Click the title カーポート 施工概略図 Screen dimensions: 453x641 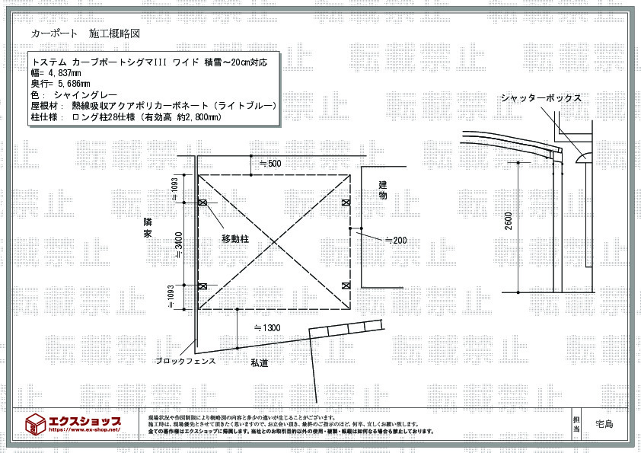click(x=85, y=34)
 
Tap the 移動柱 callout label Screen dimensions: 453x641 click(x=236, y=239)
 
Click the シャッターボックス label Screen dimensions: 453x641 click(x=541, y=98)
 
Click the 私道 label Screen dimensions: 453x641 click(x=259, y=364)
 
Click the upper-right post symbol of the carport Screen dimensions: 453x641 click(x=346, y=202)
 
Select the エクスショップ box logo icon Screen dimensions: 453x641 click(x=36, y=423)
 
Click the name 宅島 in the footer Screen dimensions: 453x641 click(x=606, y=424)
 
